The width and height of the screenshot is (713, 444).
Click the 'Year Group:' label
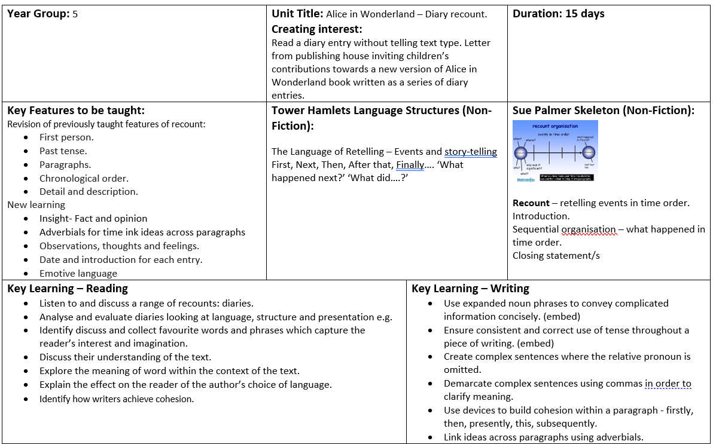click(38, 14)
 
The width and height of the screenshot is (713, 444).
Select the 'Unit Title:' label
click(297, 14)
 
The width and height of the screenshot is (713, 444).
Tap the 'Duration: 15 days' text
click(558, 14)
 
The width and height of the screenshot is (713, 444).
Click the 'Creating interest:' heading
click(317, 29)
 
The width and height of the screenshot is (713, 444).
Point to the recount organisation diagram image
click(554, 151)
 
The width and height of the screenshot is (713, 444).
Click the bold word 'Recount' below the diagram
click(531, 203)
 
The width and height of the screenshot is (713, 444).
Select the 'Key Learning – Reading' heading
click(68, 289)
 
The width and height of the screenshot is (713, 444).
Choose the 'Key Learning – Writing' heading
click(470, 289)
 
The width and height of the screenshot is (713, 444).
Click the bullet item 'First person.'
click(66, 137)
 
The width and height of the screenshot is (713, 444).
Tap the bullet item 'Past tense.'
click(63, 151)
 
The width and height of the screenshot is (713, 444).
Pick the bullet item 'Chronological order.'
click(84, 178)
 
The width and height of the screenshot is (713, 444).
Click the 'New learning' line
click(36, 205)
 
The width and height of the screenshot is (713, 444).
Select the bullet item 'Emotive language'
click(78, 274)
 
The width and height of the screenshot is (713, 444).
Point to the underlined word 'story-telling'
click(470, 152)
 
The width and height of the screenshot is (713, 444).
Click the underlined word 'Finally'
click(410, 165)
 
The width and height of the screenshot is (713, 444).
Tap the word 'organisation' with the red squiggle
click(580, 229)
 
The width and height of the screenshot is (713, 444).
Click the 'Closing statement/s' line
click(556, 256)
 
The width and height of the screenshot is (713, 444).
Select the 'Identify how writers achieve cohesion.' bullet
click(117, 399)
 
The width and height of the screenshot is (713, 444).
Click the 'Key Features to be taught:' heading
click(76, 111)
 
